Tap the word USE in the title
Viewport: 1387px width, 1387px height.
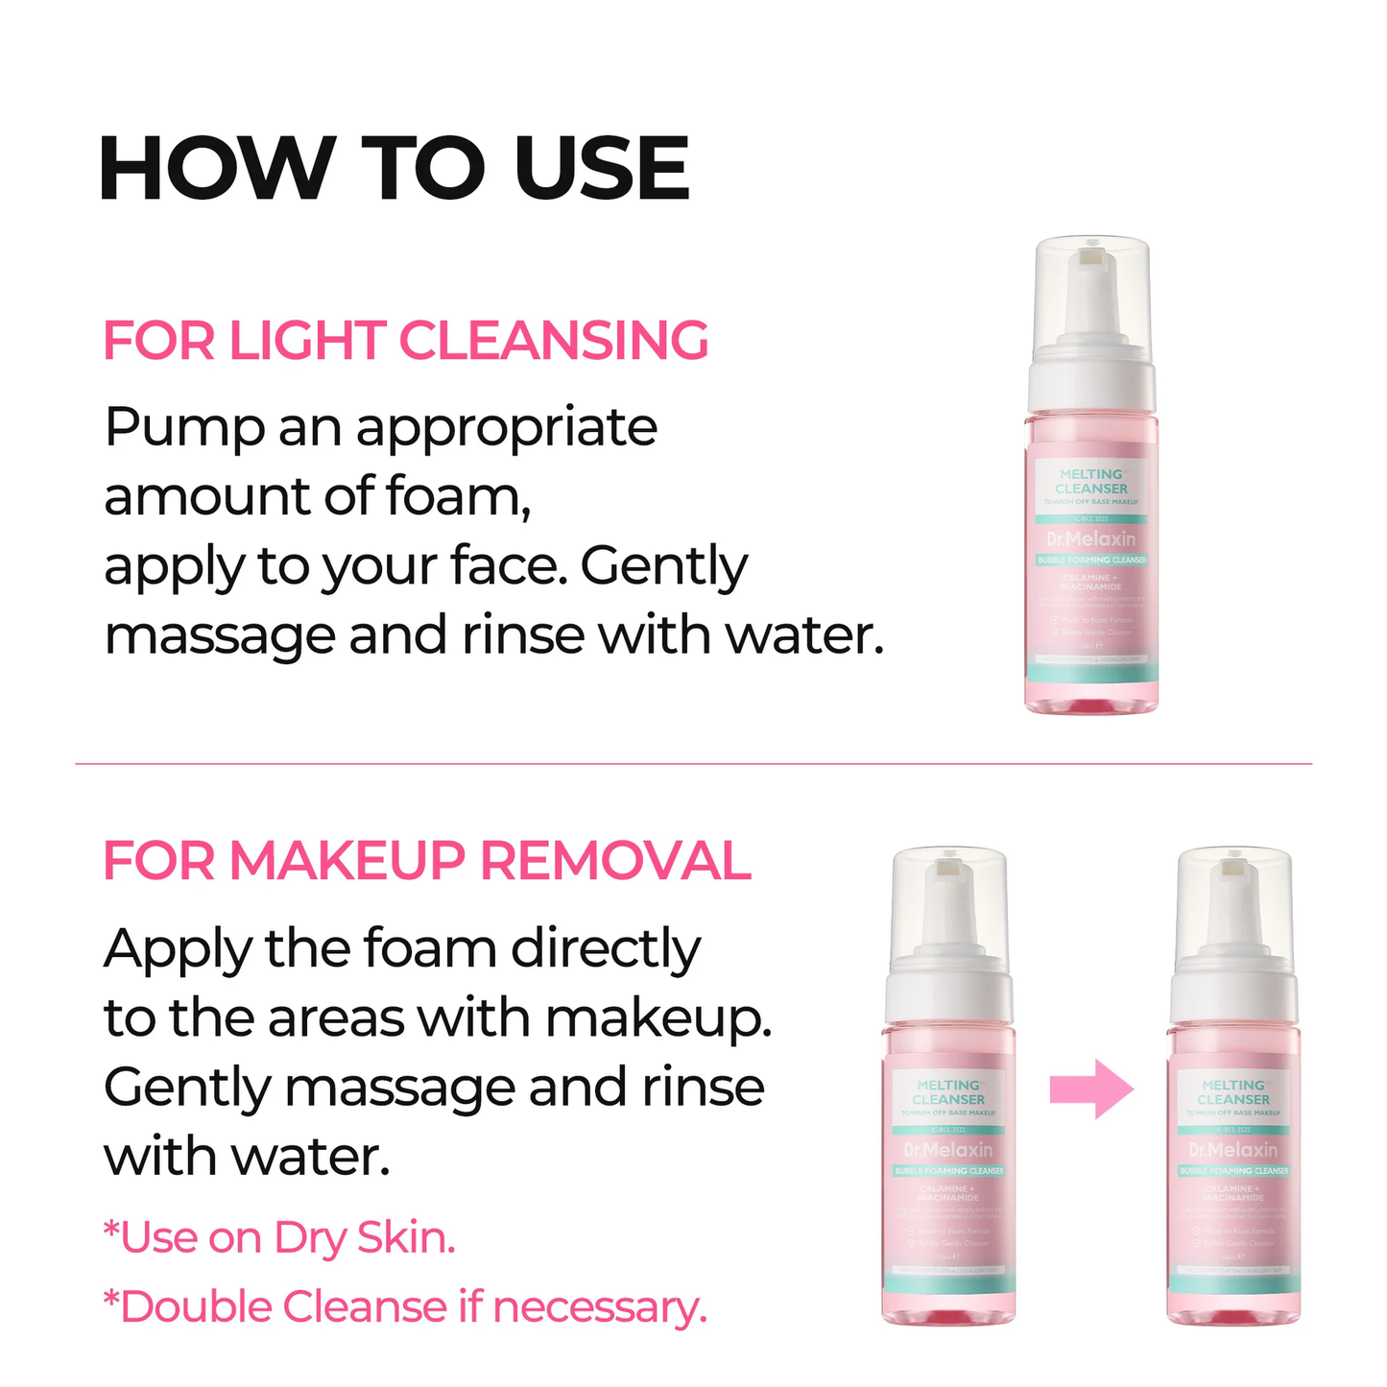pyautogui.click(x=602, y=169)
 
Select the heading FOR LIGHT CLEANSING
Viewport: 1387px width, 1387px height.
pyautogui.click(x=405, y=341)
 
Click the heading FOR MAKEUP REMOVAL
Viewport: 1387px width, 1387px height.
pyautogui.click(x=426, y=860)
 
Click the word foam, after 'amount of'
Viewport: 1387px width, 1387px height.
pyautogui.click(x=458, y=497)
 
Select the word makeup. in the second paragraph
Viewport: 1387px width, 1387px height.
pyautogui.click(x=658, y=1018)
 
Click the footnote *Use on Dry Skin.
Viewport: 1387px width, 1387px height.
pyautogui.click(x=279, y=1237)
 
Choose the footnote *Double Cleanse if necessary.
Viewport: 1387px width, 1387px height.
pyautogui.click(x=404, y=1306)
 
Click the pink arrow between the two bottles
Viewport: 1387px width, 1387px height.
pyautogui.click(x=1091, y=1089)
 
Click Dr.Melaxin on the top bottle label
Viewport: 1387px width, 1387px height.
pyautogui.click(x=1091, y=539)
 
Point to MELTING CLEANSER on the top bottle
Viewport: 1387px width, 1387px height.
pyautogui.click(x=1091, y=481)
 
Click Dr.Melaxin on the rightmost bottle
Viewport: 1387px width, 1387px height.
pyautogui.click(x=1233, y=1150)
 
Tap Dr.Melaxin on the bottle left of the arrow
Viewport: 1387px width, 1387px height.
pyautogui.click(x=948, y=1150)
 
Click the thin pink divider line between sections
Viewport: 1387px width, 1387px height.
pyautogui.click(x=693, y=764)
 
